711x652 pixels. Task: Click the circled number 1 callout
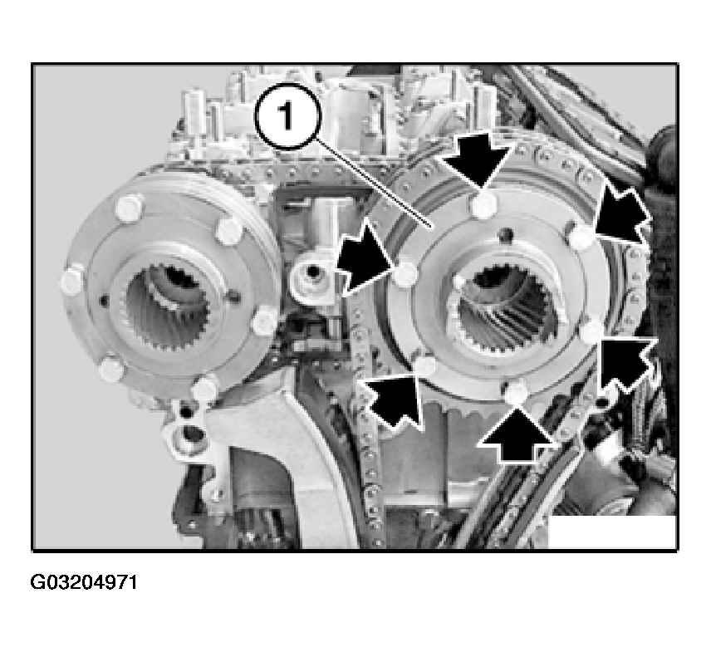point(288,116)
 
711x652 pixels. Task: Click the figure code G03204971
point(84,582)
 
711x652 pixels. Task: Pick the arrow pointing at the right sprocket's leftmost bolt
point(365,258)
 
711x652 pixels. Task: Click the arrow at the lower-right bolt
point(628,363)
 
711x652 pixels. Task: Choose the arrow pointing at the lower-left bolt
point(392,399)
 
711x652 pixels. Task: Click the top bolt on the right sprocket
point(483,205)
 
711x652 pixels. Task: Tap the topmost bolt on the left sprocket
point(129,208)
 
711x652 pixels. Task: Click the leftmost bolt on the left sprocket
point(72,281)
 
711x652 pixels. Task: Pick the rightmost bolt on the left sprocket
point(265,321)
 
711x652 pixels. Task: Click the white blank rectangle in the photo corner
point(612,532)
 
